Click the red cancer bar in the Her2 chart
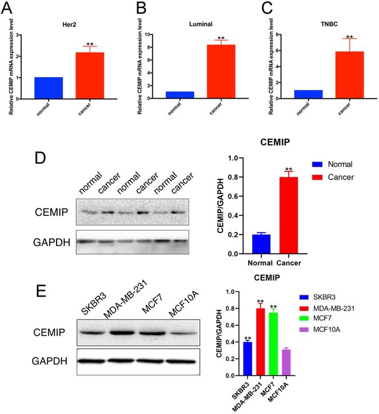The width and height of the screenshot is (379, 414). tap(90, 75)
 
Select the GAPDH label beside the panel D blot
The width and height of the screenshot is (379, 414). tap(51, 242)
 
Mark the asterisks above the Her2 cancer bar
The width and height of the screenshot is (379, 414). tap(90, 44)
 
